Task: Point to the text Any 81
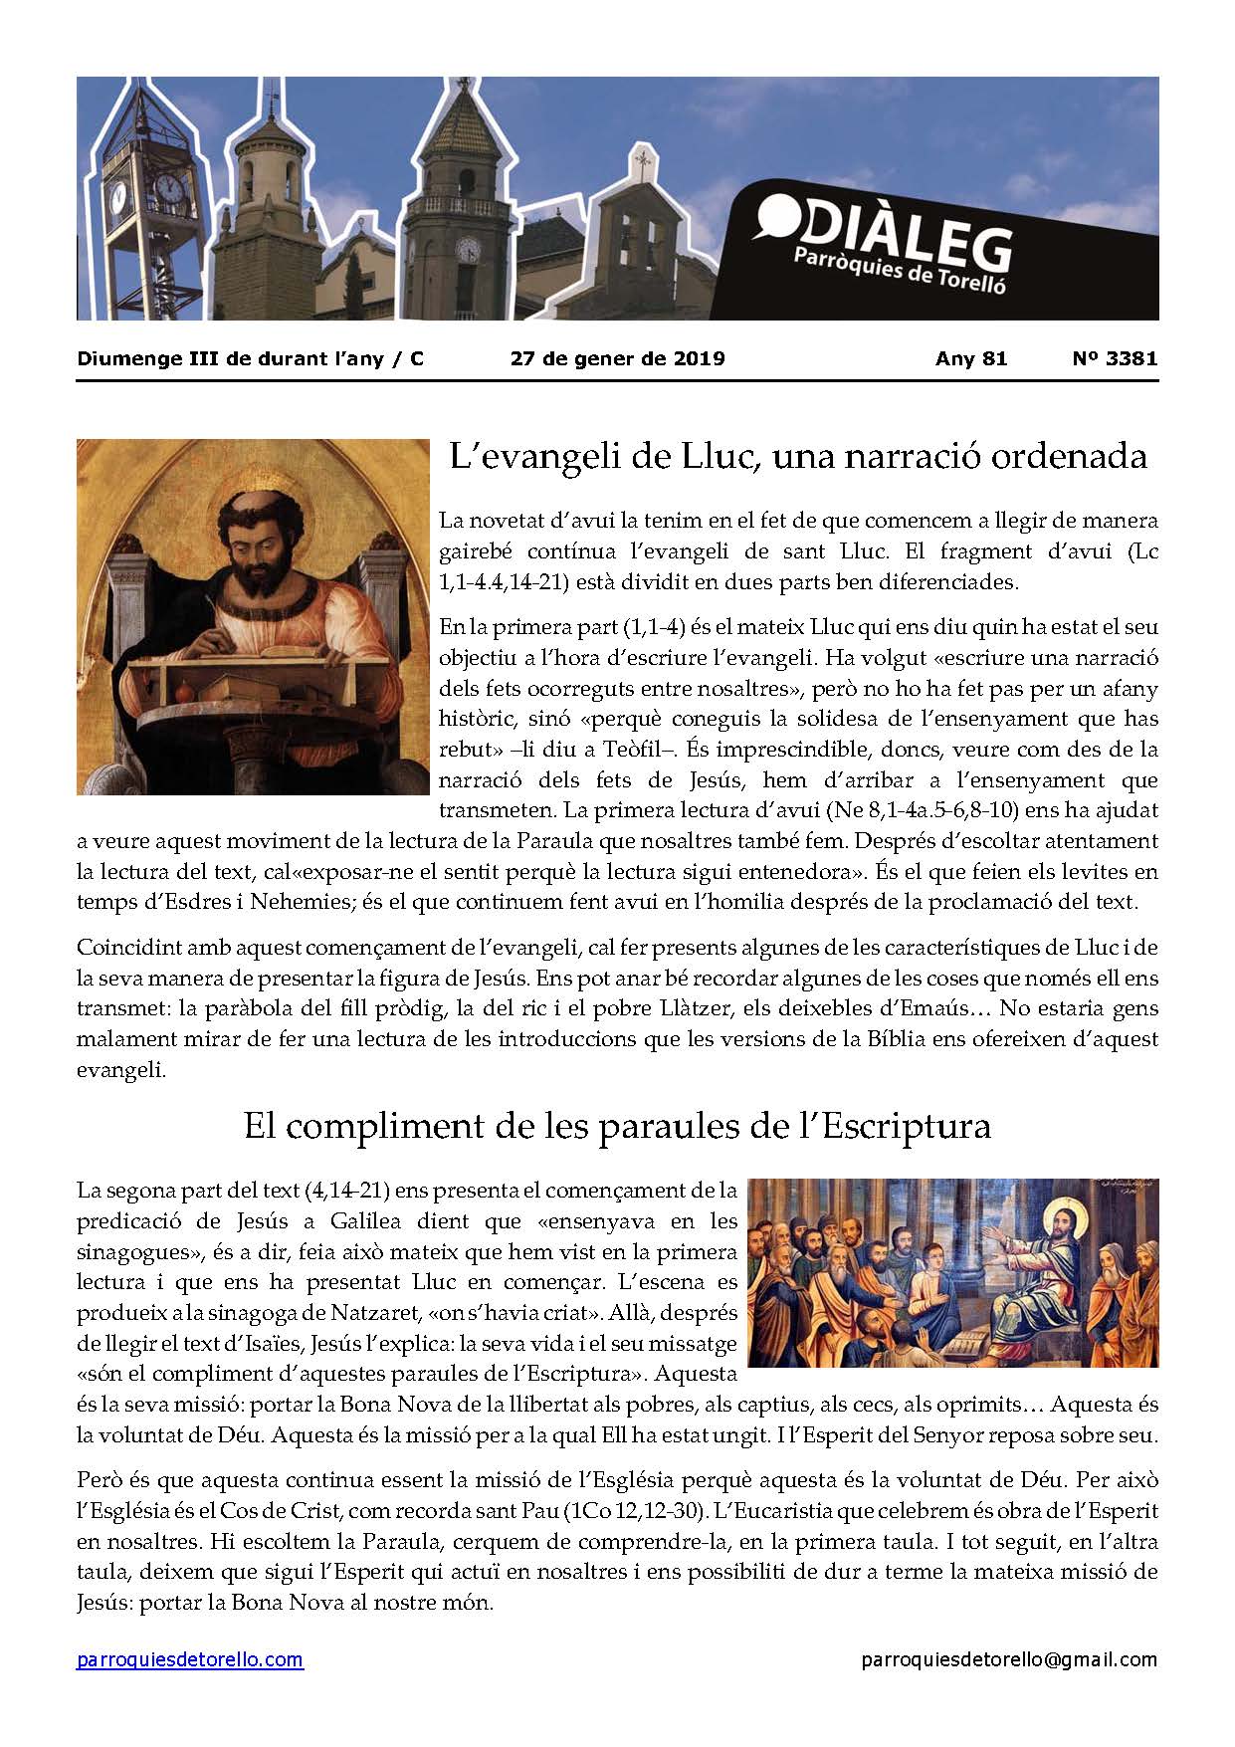pyautogui.click(x=971, y=359)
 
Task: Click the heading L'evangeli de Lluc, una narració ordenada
pyautogui.click(x=798, y=456)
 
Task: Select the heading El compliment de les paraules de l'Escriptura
pyautogui.click(x=617, y=1126)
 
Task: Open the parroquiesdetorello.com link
pyautogui.click(x=190, y=1659)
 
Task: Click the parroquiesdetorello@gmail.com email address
pyautogui.click(x=1009, y=1659)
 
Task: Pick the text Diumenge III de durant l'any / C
pyautogui.click(x=250, y=359)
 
